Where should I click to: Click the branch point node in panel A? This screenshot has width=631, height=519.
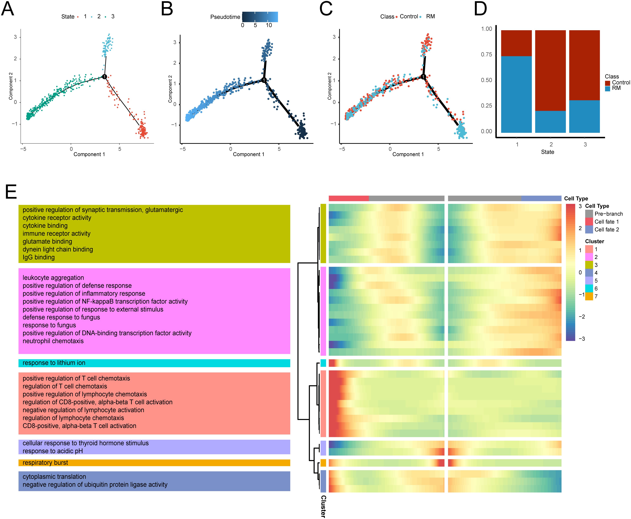[104, 77]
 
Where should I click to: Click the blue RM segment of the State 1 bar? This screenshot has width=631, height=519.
[516, 94]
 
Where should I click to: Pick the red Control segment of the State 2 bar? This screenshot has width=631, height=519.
[550, 70]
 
